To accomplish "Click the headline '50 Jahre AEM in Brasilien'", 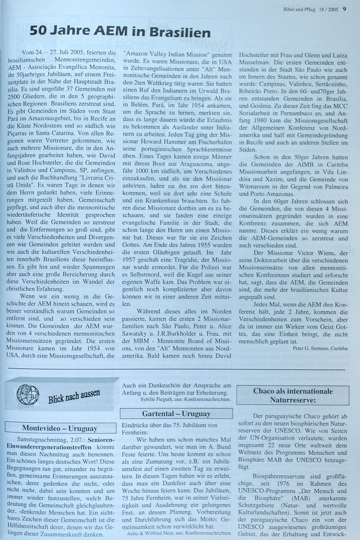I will pyautogui.click(x=120, y=32).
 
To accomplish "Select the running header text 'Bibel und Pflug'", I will pyautogui.click(x=297, y=10).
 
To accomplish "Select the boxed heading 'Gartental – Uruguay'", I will pyautogui.click(x=176, y=414).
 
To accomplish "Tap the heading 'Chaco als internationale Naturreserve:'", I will pyautogui.click(x=293, y=395).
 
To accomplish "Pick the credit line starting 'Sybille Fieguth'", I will pyautogui.click(x=186, y=400).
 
